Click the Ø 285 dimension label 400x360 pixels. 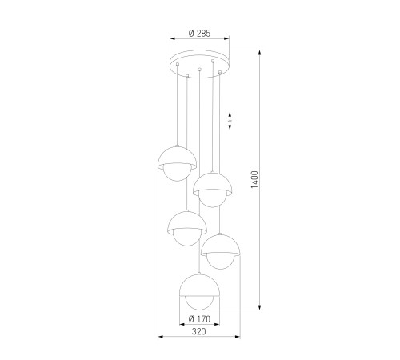click(199, 34)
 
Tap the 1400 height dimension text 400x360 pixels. click(254, 180)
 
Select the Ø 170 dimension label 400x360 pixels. click(199, 318)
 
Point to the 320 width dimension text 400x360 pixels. click(199, 331)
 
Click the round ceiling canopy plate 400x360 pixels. click(199, 64)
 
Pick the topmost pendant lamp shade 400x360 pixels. click(178, 156)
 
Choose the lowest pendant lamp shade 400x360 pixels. click(199, 286)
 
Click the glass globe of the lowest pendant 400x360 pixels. click(199, 303)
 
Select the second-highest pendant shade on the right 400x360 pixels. click(213, 183)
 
